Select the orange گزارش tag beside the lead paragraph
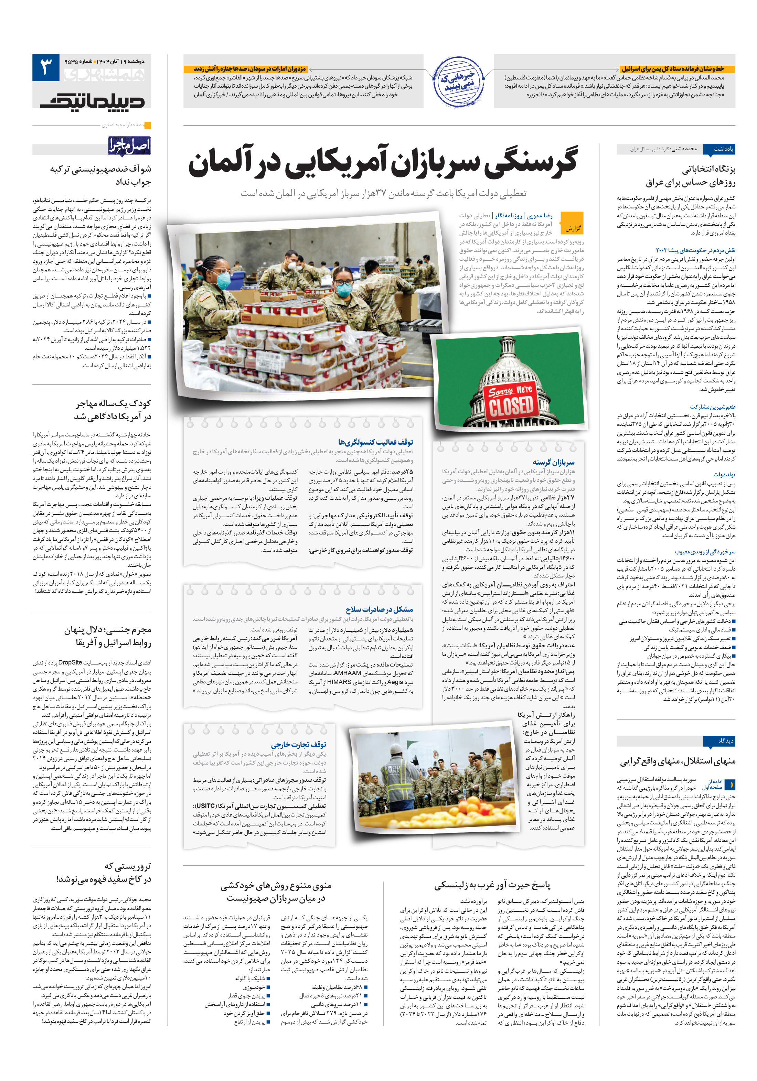(x=573, y=228)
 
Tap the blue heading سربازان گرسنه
(x=554, y=462)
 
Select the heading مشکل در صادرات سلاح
(x=379, y=609)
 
